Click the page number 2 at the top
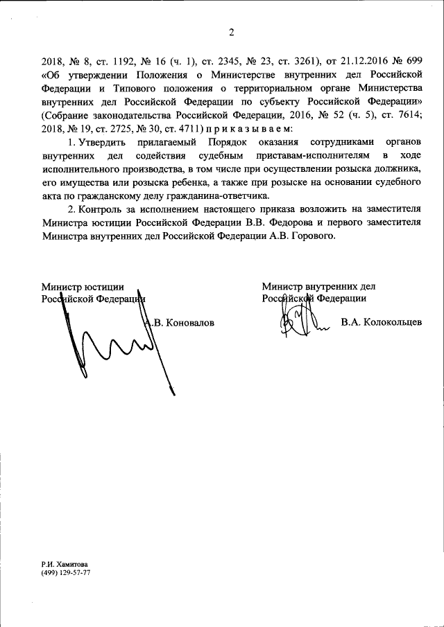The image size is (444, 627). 232,31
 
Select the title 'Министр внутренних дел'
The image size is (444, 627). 318,285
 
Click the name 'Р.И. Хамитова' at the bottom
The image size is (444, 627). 65,565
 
